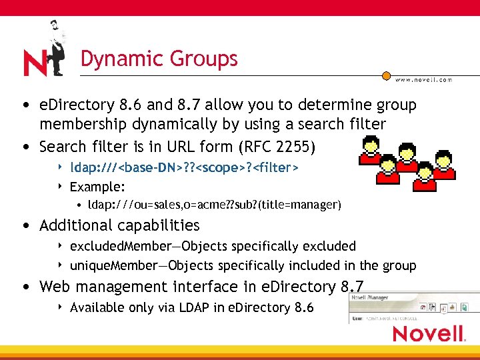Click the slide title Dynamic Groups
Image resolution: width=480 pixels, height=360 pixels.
click(159, 59)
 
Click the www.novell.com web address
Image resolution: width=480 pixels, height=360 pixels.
click(423, 79)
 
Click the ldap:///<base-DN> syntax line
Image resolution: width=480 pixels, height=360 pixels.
click(184, 167)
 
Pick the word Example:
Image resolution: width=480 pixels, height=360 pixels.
click(97, 187)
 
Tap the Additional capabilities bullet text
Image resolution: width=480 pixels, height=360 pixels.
click(119, 225)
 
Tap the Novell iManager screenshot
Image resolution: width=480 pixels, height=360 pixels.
click(413, 307)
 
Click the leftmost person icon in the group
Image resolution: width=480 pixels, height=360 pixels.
click(369, 150)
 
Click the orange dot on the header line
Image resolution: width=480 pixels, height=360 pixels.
click(386, 74)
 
